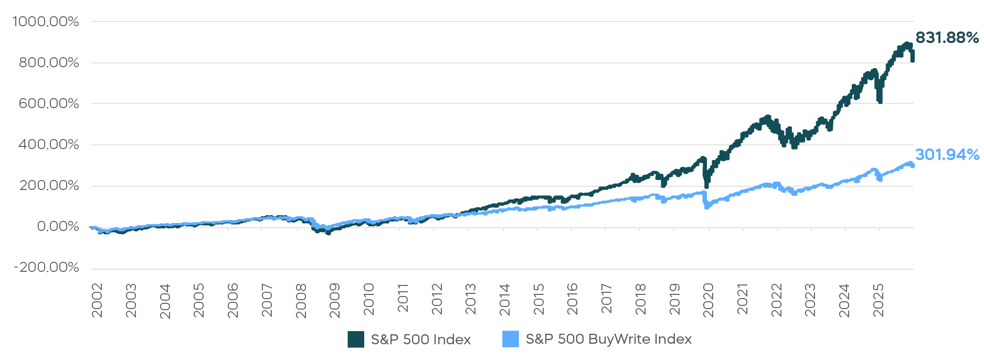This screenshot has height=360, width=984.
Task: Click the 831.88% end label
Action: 947,38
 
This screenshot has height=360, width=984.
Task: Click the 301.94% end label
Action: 947,155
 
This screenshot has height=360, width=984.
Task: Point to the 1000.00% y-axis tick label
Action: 46,22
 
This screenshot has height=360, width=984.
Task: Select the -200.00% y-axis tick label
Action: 46,268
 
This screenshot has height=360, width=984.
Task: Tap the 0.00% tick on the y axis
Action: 58,227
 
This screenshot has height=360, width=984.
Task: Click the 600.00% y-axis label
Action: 49,103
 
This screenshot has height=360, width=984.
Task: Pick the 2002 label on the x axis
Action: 97,301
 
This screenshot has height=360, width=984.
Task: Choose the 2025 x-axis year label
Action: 878,301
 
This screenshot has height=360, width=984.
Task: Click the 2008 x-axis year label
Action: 301,301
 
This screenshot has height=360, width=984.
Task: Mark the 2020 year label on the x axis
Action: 708,301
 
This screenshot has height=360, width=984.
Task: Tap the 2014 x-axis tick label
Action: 504,301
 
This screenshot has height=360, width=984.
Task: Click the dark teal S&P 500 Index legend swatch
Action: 356,340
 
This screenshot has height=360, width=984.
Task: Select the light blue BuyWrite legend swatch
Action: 510,340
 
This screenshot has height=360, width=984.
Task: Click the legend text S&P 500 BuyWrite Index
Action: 608,340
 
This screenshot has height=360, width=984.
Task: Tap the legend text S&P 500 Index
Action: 420,340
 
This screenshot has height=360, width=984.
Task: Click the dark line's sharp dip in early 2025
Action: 880,101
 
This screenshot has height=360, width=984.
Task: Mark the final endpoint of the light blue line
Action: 913,166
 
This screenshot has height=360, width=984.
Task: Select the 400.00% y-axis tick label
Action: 49,144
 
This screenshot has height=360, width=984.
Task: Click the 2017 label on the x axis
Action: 606,301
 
